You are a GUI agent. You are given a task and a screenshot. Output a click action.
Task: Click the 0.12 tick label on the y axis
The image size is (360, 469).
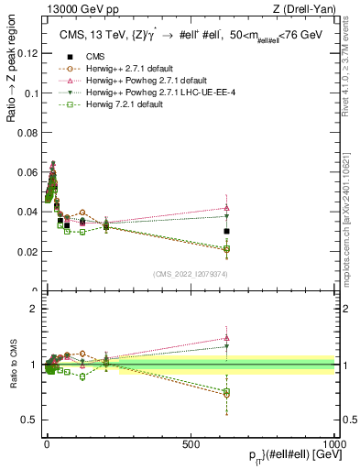28,53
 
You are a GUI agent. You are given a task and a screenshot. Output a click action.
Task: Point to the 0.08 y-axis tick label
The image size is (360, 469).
28,132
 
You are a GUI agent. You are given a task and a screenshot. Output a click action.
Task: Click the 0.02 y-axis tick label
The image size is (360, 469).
28,251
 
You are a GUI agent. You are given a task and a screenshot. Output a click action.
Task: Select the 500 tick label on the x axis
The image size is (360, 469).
191,443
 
